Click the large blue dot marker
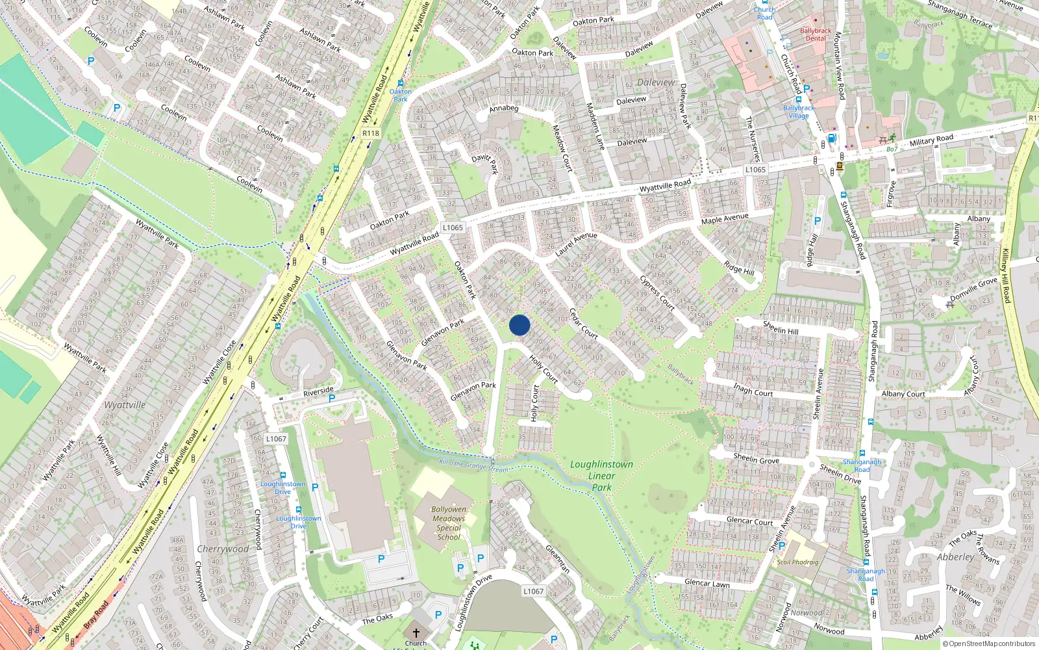click(x=519, y=325)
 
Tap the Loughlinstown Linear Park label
click(x=601, y=476)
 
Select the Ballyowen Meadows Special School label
click(x=449, y=523)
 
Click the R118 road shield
click(x=370, y=133)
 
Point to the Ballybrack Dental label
click(x=816, y=34)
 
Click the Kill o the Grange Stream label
click(x=474, y=465)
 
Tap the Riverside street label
click(x=318, y=392)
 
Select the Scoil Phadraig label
click(x=797, y=562)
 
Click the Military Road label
click(x=931, y=140)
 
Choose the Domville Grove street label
click(x=973, y=289)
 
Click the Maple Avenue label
click(x=725, y=218)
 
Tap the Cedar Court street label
click(x=583, y=323)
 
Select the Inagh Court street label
click(x=753, y=391)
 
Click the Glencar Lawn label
click(x=707, y=583)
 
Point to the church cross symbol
click(x=416, y=632)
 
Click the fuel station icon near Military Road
click(x=831, y=138)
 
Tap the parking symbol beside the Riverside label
click(x=332, y=398)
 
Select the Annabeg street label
click(x=504, y=109)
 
